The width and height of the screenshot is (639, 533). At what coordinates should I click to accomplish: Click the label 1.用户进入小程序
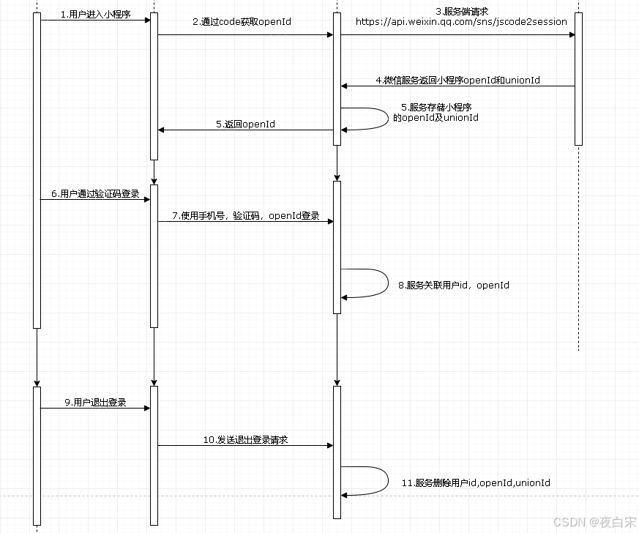pyautogui.click(x=95, y=14)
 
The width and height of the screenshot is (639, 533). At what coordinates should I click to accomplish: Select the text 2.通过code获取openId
pyautogui.click(x=242, y=22)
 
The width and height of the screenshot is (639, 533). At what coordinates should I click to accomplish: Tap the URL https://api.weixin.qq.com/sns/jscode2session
pyautogui.click(x=461, y=22)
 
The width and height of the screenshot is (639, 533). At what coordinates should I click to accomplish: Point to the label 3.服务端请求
pyautogui.click(x=461, y=11)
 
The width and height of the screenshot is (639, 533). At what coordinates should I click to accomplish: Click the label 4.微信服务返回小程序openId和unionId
pyautogui.click(x=458, y=80)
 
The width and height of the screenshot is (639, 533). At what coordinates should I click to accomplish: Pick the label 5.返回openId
pyautogui.click(x=246, y=124)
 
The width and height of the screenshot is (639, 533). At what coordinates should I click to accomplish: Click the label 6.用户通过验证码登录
pyautogui.click(x=95, y=194)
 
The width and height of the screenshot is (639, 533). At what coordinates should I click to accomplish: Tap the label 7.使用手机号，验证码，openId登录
pyautogui.click(x=246, y=216)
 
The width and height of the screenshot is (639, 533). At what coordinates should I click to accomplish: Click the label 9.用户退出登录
pyautogui.click(x=95, y=403)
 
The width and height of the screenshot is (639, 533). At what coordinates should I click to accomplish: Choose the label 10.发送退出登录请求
pyautogui.click(x=246, y=440)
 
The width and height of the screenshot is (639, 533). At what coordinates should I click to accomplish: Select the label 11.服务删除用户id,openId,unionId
pyautogui.click(x=476, y=483)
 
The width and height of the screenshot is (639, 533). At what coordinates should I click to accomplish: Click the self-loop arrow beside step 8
pyautogui.click(x=387, y=283)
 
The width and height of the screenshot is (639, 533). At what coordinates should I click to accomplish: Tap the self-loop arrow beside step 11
pyautogui.click(x=387, y=481)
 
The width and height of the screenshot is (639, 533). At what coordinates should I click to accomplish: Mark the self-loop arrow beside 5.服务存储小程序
pyautogui.click(x=387, y=119)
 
